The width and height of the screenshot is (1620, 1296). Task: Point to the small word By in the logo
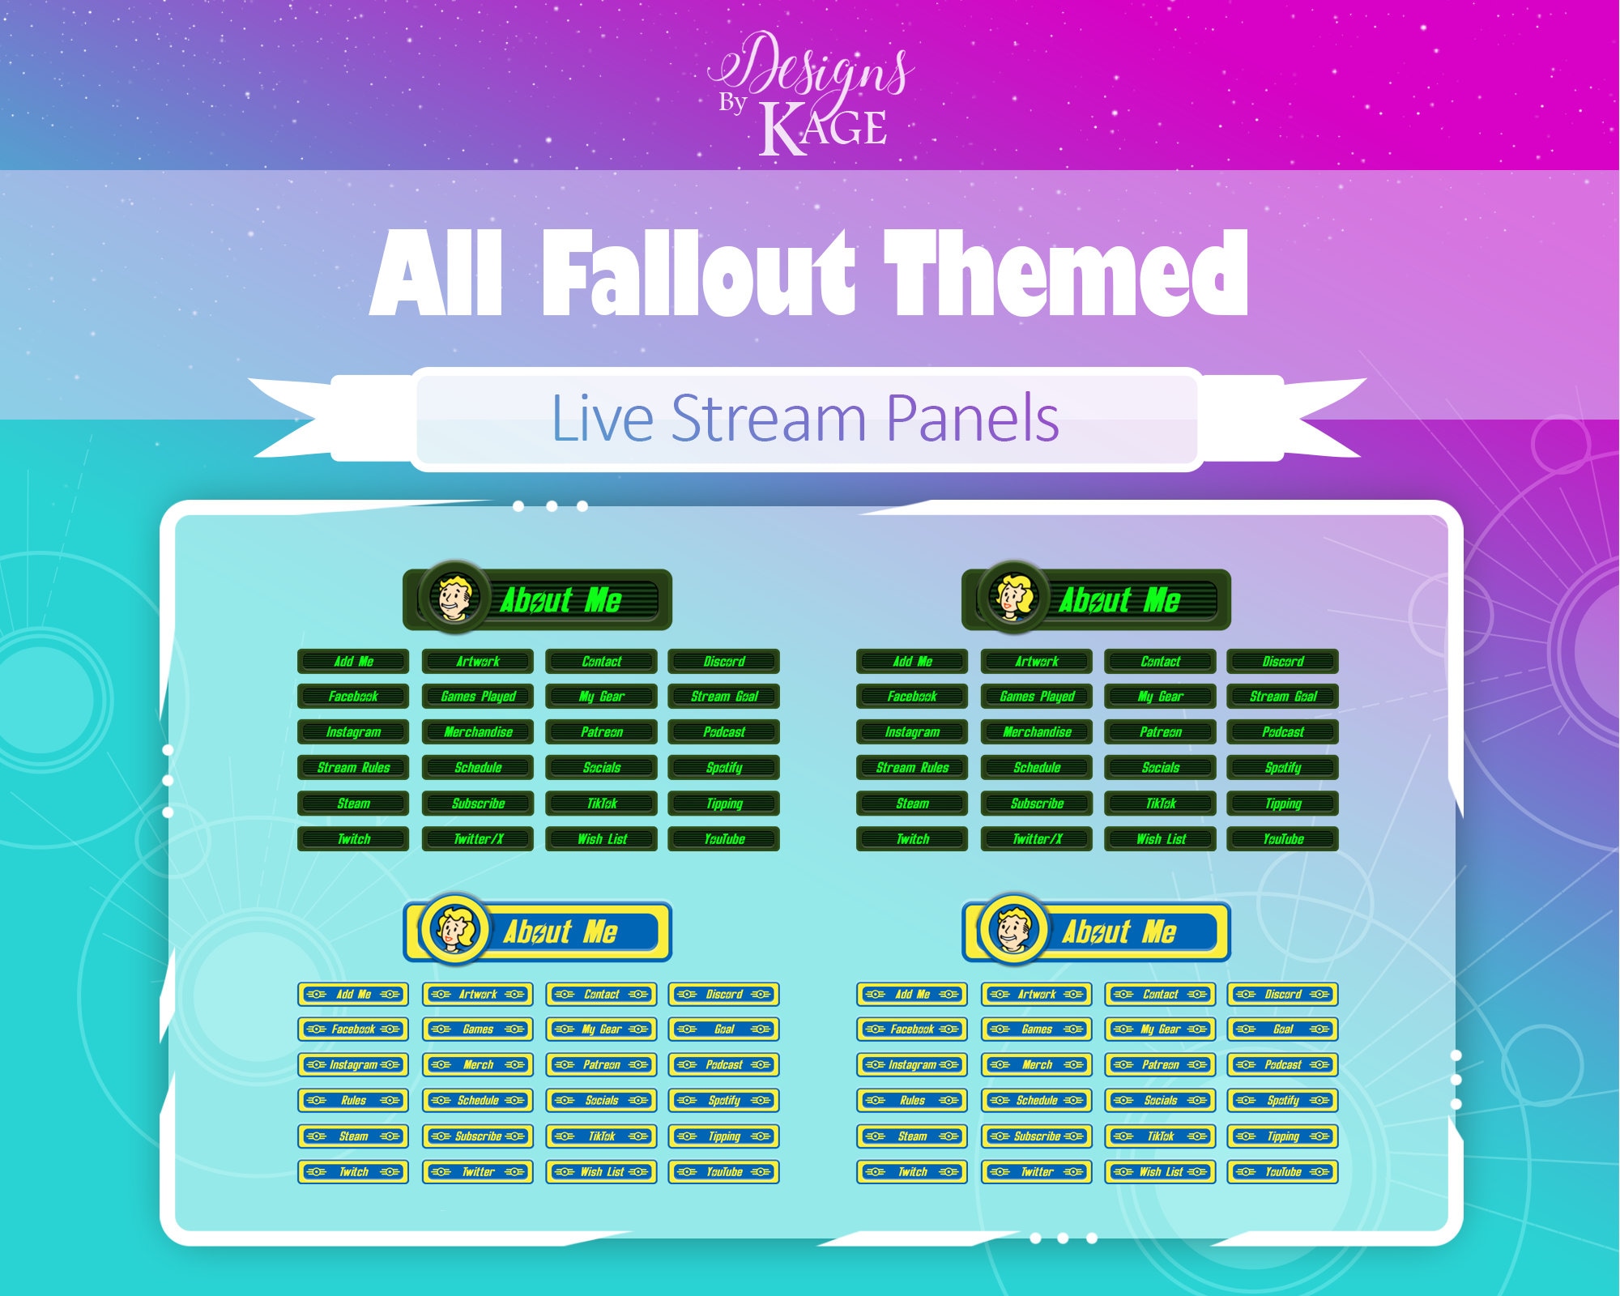coord(732,103)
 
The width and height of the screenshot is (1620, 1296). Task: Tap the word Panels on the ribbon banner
coord(972,419)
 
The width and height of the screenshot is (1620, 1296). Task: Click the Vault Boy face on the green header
coord(455,599)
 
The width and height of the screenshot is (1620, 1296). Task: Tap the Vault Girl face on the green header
coord(1013,599)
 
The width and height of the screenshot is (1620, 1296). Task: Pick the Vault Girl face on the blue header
coord(454,930)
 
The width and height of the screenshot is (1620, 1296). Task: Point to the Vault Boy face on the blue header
coord(1013,930)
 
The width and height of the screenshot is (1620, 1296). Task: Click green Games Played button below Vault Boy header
coord(478,697)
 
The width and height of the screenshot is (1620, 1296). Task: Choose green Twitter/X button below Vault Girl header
coord(1037,839)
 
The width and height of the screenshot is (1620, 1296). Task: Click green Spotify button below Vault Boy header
coord(724,768)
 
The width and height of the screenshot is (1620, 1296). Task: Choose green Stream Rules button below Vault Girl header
coord(912,768)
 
